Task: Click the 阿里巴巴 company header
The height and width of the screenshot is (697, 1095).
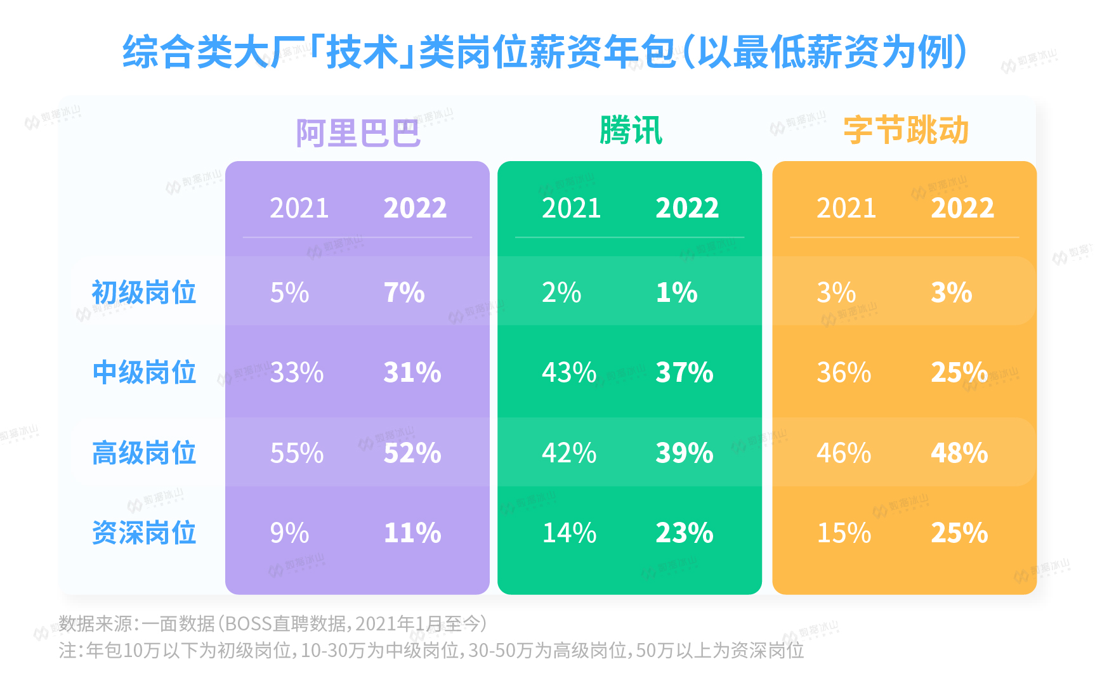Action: [x=358, y=133]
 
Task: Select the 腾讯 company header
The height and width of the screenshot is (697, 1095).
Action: [x=631, y=131]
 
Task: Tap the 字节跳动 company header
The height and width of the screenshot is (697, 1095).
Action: [x=905, y=131]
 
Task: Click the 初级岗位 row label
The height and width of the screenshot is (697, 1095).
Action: [x=144, y=292]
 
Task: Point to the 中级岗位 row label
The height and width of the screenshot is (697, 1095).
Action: [x=144, y=372]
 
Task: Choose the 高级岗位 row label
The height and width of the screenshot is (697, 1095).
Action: [x=144, y=453]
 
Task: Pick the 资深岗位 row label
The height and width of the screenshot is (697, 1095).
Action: [x=144, y=533]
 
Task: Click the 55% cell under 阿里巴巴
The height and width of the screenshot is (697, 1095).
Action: [x=297, y=453]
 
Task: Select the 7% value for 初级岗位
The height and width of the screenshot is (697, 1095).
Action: [x=404, y=292]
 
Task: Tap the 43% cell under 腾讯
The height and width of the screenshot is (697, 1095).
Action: [x=569, y=372]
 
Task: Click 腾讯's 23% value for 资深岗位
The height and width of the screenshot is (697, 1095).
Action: [x=685, y=533]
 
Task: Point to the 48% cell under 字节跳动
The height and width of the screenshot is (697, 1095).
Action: [x=959, y=453]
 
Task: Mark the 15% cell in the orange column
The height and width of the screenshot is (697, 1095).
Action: [x=844, y=533]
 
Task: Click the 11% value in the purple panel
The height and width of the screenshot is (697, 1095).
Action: [x=412, y=533]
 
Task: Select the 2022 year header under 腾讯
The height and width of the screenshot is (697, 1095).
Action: [x=687, y=208]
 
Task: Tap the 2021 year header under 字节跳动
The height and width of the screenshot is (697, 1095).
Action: [x=846, y=208]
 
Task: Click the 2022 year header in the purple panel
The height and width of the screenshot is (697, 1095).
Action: [x=415, y=208]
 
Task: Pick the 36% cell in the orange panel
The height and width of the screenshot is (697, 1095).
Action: [x=844, y=372]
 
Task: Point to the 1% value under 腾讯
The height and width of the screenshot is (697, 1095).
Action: [x=676, y=292]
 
